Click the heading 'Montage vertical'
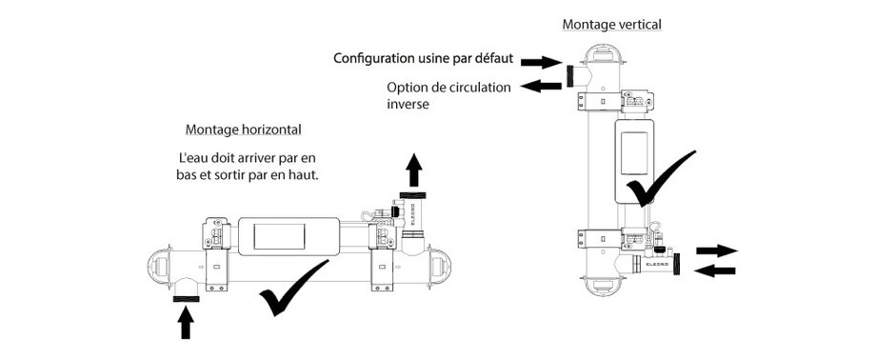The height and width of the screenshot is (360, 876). coord(611,25)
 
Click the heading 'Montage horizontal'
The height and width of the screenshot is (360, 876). coord(243,130)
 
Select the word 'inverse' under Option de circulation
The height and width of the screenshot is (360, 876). coord(408,104)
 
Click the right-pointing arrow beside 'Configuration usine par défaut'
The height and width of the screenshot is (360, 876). coord(541,62)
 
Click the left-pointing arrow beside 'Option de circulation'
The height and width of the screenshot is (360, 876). coord(541,86)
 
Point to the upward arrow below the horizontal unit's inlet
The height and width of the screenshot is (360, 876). coord(186,323)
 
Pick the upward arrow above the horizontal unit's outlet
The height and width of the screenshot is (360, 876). coord(413,170)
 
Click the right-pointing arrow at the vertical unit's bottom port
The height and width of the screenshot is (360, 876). coord(717,250)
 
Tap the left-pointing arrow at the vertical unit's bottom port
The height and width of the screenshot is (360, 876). coord(714,271)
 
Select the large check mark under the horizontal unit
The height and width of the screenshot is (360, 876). coord(293,288)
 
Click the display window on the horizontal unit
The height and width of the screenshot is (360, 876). coord(279,236)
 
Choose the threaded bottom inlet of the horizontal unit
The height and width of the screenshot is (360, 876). coord(186,300)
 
